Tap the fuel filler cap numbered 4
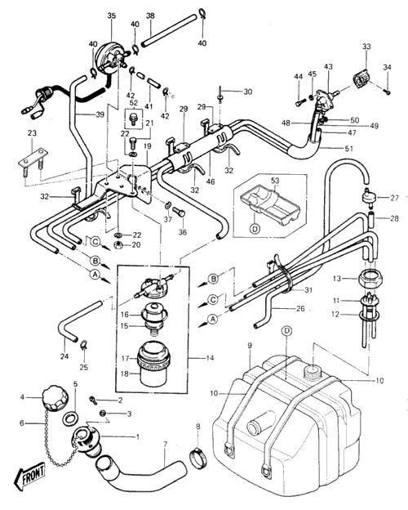pyautogui.click(x=55, y=397)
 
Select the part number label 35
pyautogui.click(x=112, y=16)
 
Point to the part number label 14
pyautogui.click(x=210, y=358)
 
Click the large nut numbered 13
pyautogui.click(x=370, y=279)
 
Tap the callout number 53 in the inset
pyautogui.click(x=275, y=181)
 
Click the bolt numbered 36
pyautogui.click(x=179, y=214)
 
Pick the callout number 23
pyautogui.click(x=32, y=133)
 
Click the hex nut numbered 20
pyautogui.click(x=118, y=245)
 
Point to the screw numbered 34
pyautogui.click(x=388, y=92)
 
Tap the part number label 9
pyautogui.click(x=250, y=346)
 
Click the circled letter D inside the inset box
pyautogui.click(x=255, y=229)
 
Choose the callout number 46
pyautogui.click(x=211, y=181)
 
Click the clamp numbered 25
pyautogui.click(x=84, y=344)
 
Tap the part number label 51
pyautogui.click(x=349, y=148)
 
